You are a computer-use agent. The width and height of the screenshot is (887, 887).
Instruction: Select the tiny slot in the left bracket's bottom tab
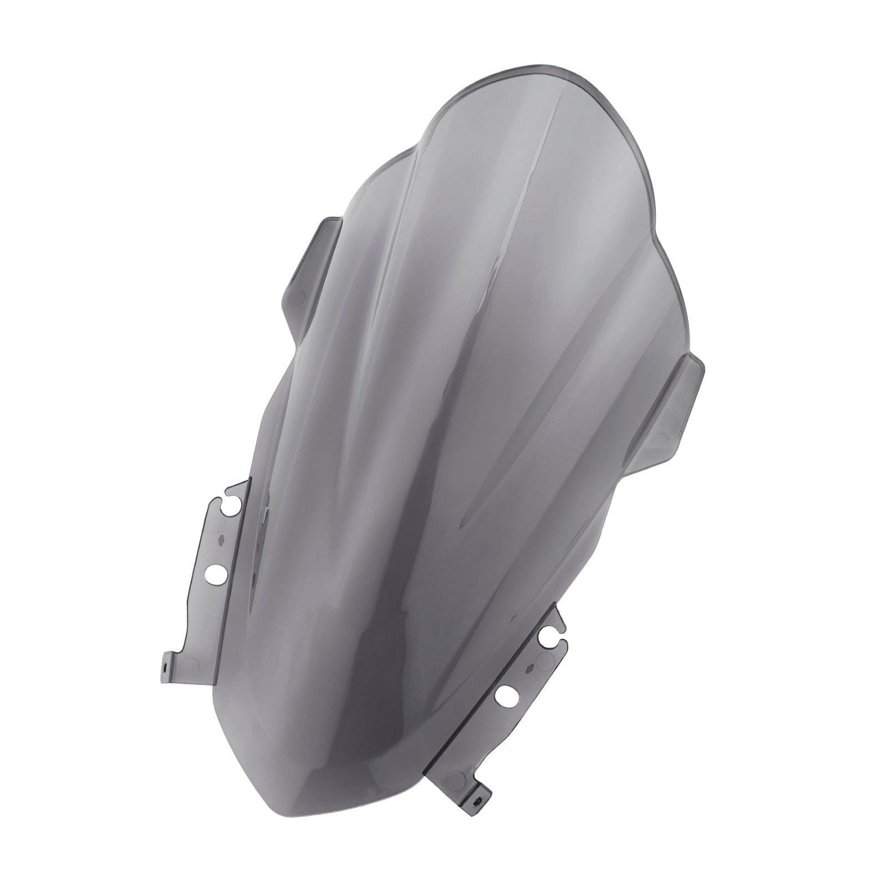(165, 670)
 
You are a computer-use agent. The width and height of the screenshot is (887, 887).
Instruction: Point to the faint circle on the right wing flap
(660, 438)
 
